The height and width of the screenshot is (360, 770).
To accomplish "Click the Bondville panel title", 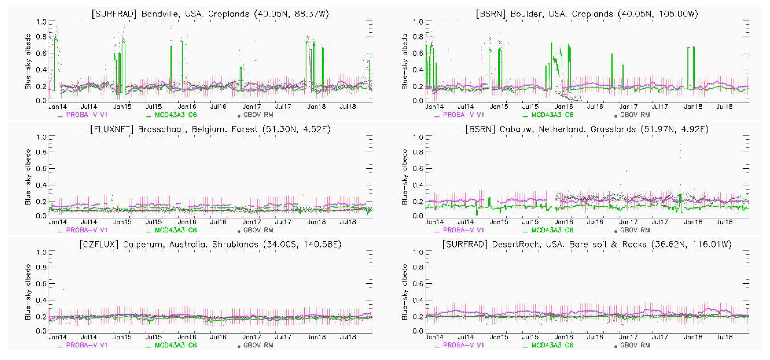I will point(210,14).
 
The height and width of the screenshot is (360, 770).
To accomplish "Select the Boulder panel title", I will point(587,14).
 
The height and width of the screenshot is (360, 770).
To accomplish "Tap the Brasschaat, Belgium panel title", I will point(210,129).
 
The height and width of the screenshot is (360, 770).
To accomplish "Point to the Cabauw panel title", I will point(587,129).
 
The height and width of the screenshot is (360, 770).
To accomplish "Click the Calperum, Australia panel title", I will point(210,244).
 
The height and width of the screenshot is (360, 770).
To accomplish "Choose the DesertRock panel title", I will point(587,244).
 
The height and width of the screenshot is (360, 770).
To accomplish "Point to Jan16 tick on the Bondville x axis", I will point(187,107).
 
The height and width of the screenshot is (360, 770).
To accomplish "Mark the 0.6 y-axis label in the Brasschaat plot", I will point(41,168).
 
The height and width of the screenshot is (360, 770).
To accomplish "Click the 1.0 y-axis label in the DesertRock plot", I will point(418,252).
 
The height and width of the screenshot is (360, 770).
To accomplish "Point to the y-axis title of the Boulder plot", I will point(405,61).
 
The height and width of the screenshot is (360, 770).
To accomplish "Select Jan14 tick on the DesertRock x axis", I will point(434,337).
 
